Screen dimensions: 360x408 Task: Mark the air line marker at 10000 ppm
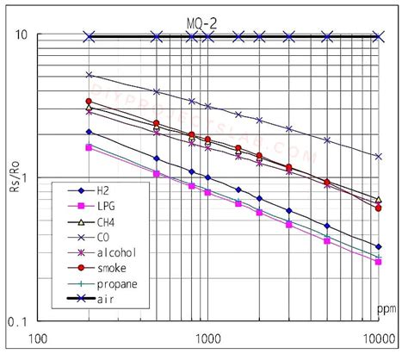click(x=378, y=36)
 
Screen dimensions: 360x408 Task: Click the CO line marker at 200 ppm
click(x=89, y=75)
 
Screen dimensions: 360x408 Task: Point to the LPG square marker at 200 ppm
click(x=89, y=147)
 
